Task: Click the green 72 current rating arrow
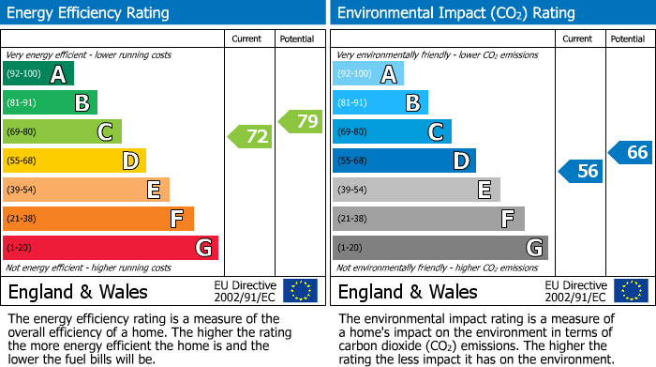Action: point(251,137)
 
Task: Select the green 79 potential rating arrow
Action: point(301,121)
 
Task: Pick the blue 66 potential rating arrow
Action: point(631,152)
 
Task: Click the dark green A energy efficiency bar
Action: point(37,74)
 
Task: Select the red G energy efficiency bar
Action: point(110,248)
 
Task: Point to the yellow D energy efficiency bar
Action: point(74,161)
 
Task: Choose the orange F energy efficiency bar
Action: point(97,220)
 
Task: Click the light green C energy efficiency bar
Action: point(62,132)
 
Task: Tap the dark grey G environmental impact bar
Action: point(440,248)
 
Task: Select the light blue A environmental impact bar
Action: point(367,74)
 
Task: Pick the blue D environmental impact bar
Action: point(404,161)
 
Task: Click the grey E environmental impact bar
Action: point(416,191)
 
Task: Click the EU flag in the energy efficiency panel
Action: point(300,291)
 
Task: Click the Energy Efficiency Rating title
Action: point(89,13)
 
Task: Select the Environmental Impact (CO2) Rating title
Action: point(455,13)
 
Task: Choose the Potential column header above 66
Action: point(627,38)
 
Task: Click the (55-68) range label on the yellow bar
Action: point(22,161)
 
